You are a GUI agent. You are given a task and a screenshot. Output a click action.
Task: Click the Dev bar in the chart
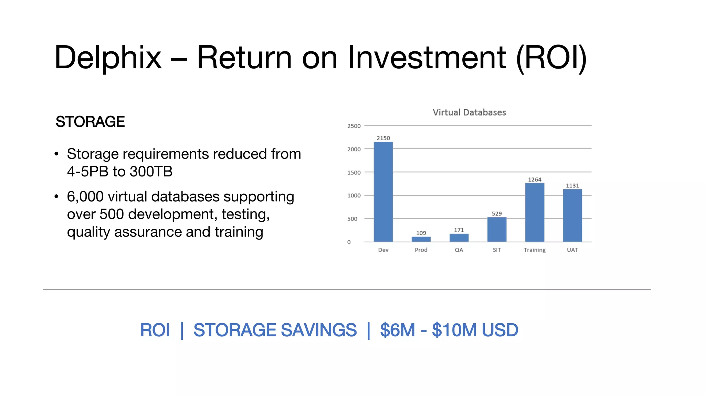pyautogui.click(x=383, y=192)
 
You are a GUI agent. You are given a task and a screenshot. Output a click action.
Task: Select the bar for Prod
pyautogui.click(x=421, y=239)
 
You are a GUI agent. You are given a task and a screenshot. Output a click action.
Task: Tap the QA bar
pyautogui.click(x=459, y=238)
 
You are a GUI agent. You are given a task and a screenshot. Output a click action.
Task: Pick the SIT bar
pyautogui.click(x=497, y=230)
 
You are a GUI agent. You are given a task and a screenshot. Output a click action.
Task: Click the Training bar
pyautogui.click(x=535, y=212)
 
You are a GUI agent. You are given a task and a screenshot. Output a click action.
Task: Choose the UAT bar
pyautogui.click(x=572, y=215)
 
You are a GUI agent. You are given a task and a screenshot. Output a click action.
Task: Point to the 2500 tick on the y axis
pyautogui.click(x=354, y=126)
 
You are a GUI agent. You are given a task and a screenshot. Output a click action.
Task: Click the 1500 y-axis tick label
pyautogui.click(x=354, y=173)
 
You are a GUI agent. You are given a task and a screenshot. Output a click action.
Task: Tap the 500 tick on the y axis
pyautogui.click(x=352, y=219)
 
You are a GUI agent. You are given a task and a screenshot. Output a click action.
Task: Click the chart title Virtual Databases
pyautogui.click(x=469, y=112)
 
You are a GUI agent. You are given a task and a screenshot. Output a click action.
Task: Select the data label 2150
pyautogui.click(x=383, y=138)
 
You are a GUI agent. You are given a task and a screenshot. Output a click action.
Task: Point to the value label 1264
pyautogui.click(x=535, y=180)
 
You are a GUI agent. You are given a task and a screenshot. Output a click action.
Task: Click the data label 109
pyautogui.click(x=421, y=233)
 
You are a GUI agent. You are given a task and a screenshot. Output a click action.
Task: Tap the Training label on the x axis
pyautogui.click(x=535, y=250)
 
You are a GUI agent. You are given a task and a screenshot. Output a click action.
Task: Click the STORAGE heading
pyautogui.click(x=90, y=122)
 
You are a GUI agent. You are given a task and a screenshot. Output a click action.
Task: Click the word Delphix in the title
pyautogui.click(x=108, y=58)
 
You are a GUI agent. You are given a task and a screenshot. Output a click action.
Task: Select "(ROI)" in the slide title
pyautogui.click(x=551, y=58)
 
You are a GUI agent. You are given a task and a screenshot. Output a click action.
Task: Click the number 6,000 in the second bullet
pyautogui.click(x=85, y=196)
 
